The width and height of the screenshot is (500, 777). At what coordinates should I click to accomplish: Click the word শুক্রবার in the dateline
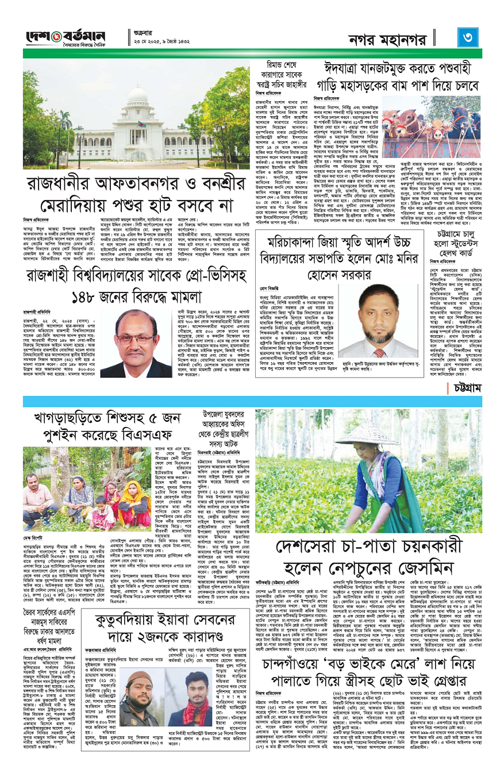(x=142, y=33)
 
